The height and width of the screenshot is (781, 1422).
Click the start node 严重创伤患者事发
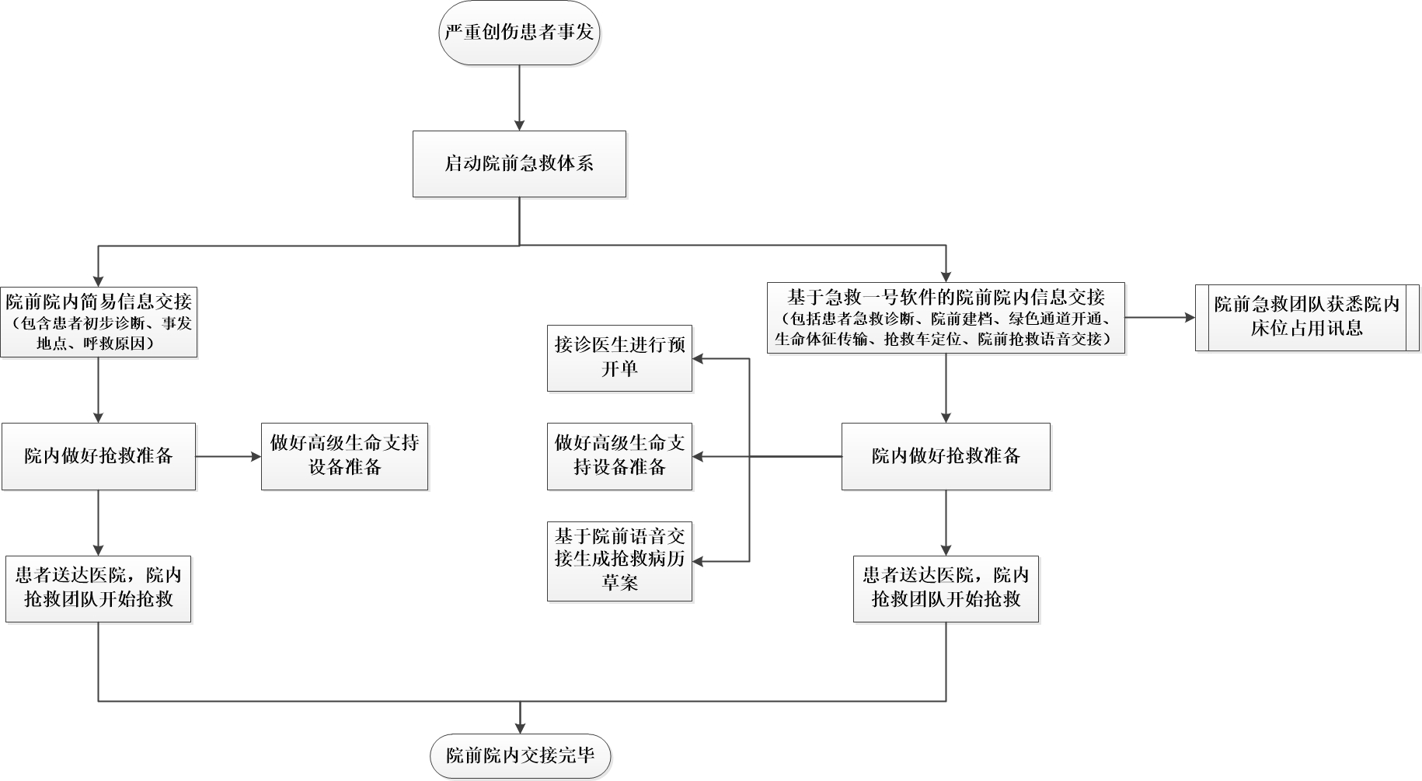point(519,33)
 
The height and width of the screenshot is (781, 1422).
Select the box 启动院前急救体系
point(519,164)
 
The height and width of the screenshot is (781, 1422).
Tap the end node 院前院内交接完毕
point(520,755)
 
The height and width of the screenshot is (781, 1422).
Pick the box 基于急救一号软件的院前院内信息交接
point(946,318)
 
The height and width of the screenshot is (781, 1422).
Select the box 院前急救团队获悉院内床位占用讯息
point(1307,317)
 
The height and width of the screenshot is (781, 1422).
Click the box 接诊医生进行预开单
point(619,358)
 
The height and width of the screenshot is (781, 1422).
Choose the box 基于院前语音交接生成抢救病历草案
point(619,561)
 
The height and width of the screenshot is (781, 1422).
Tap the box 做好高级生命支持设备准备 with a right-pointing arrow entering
point(344,456)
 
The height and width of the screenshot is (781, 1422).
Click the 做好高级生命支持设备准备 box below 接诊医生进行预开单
point(619,456)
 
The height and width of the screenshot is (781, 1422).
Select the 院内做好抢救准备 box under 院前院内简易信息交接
point(99,456)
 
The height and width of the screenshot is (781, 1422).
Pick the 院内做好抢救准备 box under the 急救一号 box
point(946,456)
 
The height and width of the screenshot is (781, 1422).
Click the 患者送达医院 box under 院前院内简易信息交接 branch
point(99,588)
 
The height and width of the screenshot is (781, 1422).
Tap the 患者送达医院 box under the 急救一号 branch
point(946,588)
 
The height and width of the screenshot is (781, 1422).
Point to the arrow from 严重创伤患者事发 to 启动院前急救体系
point(519,93)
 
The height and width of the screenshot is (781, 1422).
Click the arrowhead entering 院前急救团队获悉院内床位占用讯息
point(1189,317)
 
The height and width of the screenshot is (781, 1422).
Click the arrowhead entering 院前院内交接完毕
point(520,727)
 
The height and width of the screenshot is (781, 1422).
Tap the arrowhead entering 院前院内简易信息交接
point(99,278)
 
